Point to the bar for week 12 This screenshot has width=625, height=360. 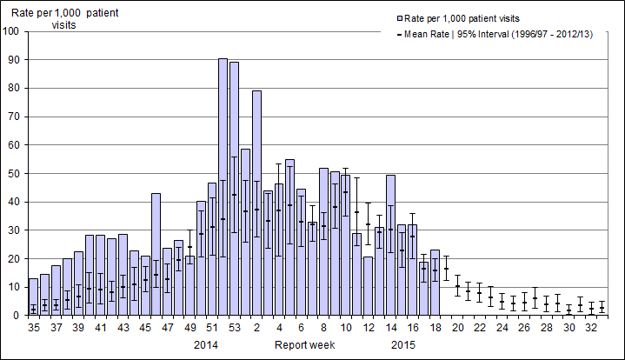tap(368, 286)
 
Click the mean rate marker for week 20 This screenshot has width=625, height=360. tap(457, 286)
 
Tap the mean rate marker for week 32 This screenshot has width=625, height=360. tap(591, 310)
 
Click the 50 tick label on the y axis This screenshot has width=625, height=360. tap(14, 174)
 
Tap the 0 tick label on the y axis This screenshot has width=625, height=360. tap(17, 316)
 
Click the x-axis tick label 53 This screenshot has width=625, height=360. tap(234, 329)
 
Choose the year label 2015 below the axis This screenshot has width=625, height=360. tap(402, 345)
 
